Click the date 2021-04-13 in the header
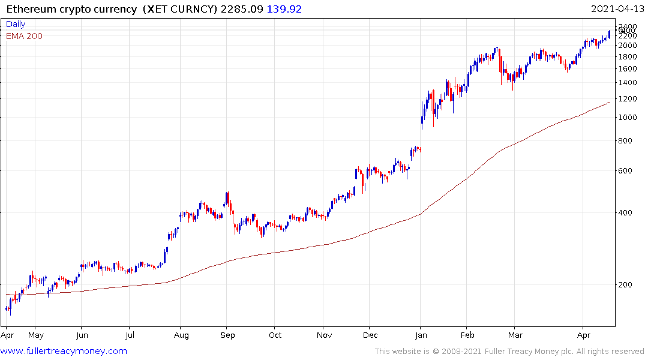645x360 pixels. tap(617, 9)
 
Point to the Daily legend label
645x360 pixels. tap(16, 24)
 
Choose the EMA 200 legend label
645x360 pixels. tap(24, 36)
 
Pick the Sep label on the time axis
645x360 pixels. tap(227, 336)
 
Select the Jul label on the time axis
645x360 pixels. tap(129, 336)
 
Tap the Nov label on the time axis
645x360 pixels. tap(324, 336)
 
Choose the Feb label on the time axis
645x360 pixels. tap(467, 336)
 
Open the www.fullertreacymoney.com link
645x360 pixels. tap(64, 351)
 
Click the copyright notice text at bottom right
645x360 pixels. tap(509, 352)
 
